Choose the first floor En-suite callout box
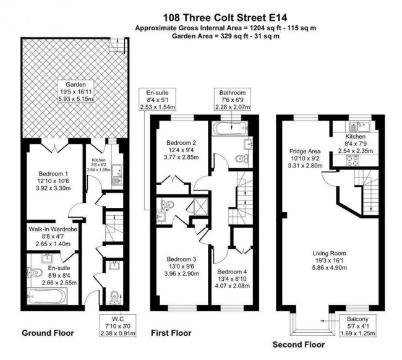[x=159, y=101]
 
